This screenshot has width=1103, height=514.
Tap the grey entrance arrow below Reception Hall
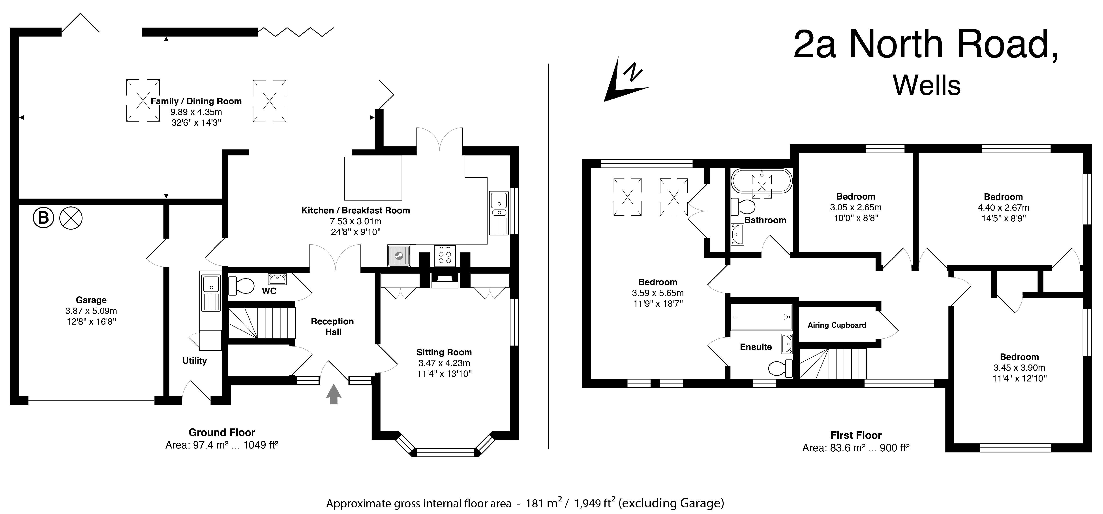334,394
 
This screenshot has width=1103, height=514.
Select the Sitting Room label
444,352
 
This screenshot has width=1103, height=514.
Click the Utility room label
194,361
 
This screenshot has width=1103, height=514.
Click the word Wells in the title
927,86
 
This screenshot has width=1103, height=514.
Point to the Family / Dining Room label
196,101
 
